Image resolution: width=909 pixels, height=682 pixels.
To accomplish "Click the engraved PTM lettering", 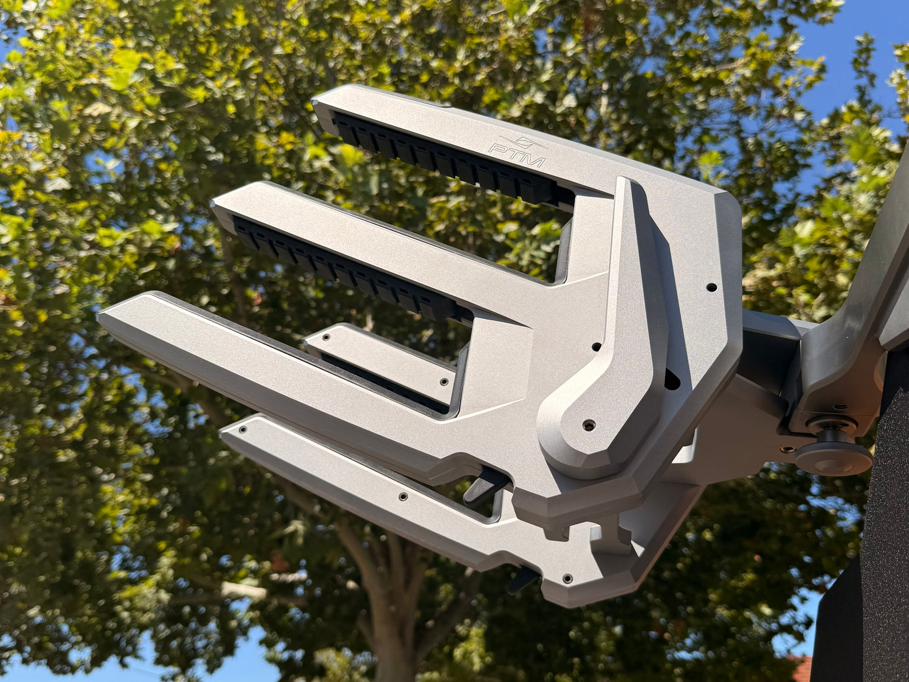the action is pos(517,155).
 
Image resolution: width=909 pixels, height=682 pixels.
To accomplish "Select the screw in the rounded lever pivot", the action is pos(589,424).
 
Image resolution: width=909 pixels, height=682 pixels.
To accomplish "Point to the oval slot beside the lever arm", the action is pos(672,379).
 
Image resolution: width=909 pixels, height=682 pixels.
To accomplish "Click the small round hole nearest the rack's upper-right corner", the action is pos(712,287).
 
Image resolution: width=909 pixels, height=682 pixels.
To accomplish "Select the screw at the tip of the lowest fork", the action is pos(243,429).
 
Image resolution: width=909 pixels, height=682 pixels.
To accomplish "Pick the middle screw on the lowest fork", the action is pos(402,496).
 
